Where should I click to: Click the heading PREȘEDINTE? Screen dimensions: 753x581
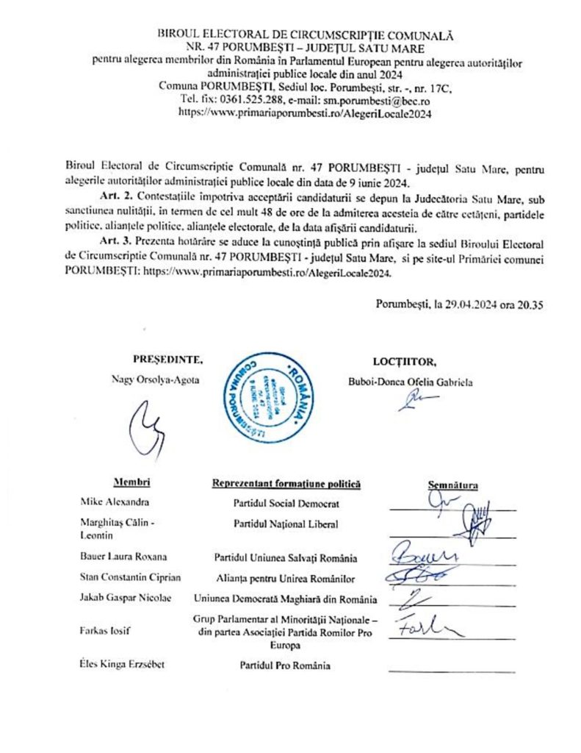(167, 360)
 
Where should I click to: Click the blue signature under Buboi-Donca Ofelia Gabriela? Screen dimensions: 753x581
(416, 402)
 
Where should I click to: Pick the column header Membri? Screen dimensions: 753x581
(132, 482)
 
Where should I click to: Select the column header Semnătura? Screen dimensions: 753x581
(452, 485)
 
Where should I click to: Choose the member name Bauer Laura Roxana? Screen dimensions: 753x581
(122, 557)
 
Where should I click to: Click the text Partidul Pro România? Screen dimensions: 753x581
(284, 665)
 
